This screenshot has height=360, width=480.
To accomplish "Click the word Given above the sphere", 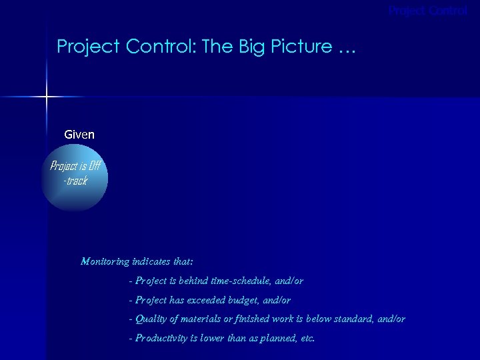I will (x=79, y=135).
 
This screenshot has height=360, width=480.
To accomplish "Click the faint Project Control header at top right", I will (x=428, y=11).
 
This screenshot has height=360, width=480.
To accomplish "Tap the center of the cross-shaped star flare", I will (x=47, y=97).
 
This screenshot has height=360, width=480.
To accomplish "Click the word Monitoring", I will (x=105, y=261).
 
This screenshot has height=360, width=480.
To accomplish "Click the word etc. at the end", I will (x=307, y=338).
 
